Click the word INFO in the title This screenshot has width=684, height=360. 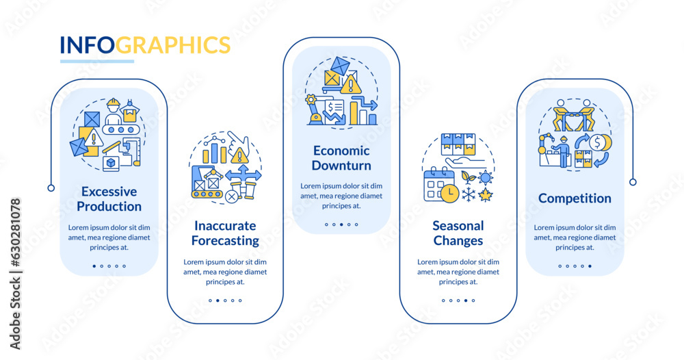(87, 45)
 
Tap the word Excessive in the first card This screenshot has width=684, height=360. (109, 192)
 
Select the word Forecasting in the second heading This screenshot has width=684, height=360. (225, 241)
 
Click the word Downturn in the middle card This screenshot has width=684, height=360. (341, 166)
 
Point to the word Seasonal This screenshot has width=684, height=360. (458, 226)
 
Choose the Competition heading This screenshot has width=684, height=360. (575, 198)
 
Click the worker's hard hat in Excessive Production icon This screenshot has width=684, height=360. (114, 103)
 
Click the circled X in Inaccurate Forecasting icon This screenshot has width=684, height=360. (231, 196)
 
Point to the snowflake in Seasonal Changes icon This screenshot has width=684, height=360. (469, 195)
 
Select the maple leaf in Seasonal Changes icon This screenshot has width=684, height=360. (487, 195)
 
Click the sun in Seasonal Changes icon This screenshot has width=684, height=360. (486, 179)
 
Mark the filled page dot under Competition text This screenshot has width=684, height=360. (590, 266)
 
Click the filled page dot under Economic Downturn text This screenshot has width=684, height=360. (348, 224)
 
